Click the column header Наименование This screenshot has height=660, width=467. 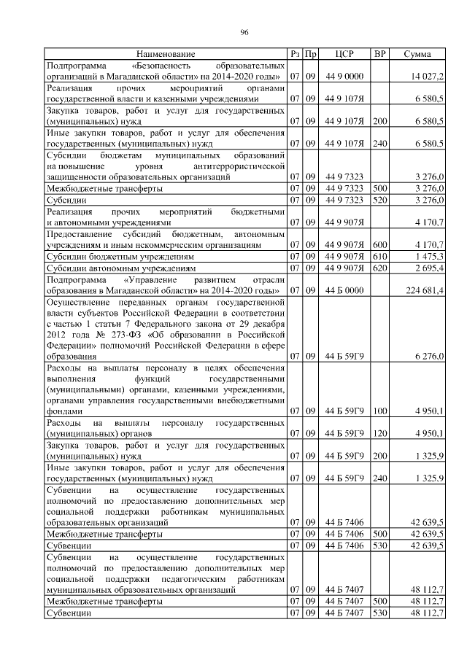165,55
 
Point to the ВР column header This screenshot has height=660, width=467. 379,55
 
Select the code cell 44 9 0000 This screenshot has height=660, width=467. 344,76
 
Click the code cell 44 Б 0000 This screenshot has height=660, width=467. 344,290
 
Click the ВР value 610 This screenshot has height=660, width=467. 379,256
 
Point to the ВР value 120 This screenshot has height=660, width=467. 379,433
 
